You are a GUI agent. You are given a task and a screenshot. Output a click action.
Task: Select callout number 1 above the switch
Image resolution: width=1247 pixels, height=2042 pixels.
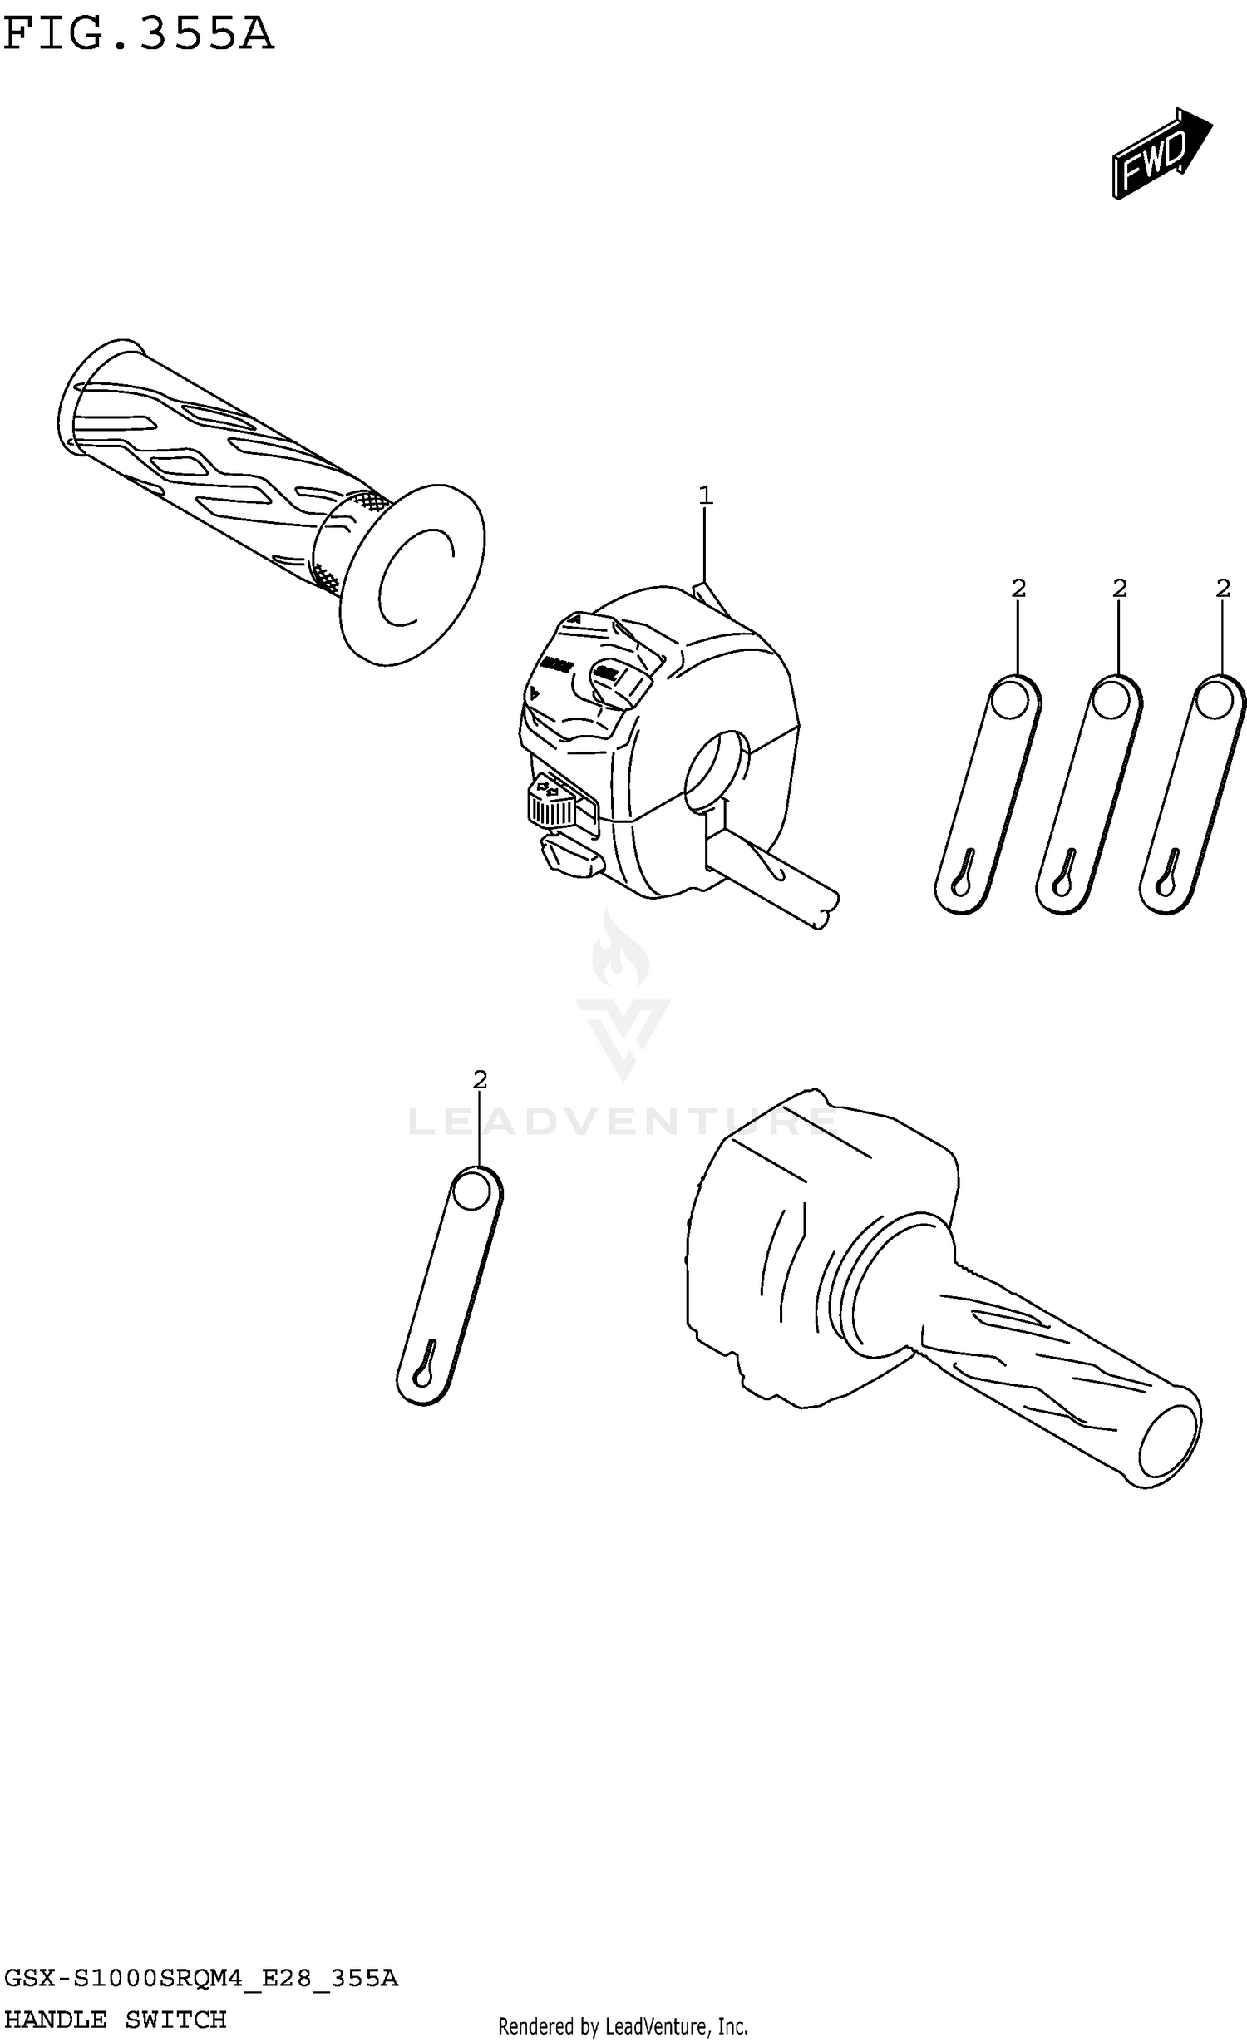705,496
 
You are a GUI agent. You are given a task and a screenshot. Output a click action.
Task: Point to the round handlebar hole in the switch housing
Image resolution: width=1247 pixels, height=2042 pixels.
715,769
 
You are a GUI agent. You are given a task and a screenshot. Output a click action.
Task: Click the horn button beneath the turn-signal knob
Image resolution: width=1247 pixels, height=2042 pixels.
571,856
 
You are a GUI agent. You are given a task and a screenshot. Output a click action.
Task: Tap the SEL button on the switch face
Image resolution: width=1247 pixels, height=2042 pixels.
615,677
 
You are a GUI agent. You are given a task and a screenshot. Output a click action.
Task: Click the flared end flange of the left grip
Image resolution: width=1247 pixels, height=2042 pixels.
413,574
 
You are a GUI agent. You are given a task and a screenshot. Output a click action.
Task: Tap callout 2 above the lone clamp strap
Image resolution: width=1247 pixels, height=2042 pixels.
480,1080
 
